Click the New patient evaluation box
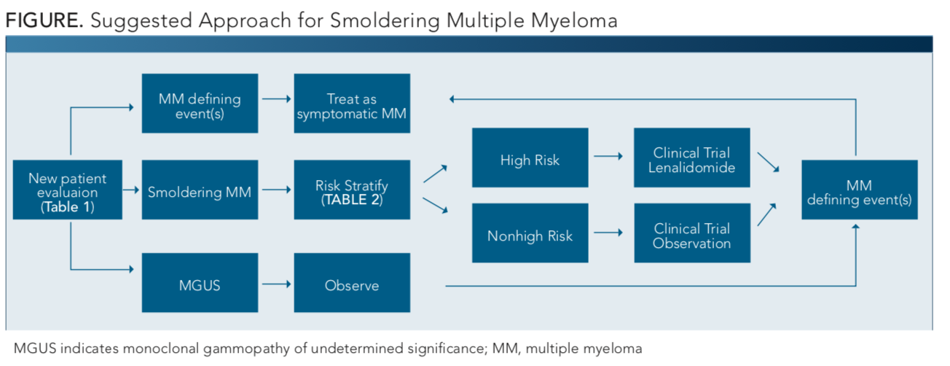click(x=68, y=190)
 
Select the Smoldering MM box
click(x=200, y=190)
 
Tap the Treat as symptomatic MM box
click(x=352, y=104)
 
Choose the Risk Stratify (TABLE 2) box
click(x=352, y=190)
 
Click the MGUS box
click(x=200, y=283)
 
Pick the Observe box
click(x=352, y=283)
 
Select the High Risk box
click(x=530, y=157)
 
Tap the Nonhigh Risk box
click(x=530, y=233)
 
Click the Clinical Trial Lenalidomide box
click(x=692, y=157)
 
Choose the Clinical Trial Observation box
click(x=692, y=233)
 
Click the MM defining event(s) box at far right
click(x=860, y=190)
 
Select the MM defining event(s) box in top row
click(x=200, y=104)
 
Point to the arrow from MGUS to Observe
click(x=277, y=284)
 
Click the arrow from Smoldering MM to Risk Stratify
click(x=277, y=190)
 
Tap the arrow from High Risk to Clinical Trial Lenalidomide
click(x=608, y=156)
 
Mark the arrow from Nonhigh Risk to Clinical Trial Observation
click(x=608, y=233)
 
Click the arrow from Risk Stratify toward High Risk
click(x=435, y=174)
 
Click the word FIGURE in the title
click(x=44, y=20)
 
